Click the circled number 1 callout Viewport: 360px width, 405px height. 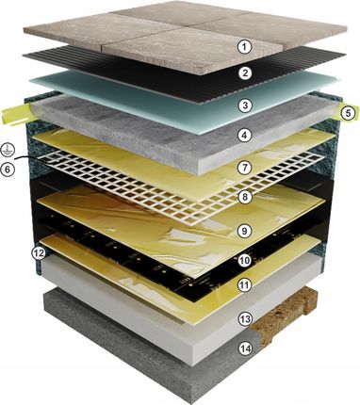(x=245, y=47)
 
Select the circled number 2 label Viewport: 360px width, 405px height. (x=245, y=73)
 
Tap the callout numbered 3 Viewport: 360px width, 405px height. (x=245, y=105)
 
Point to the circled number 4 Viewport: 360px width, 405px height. (x=245, y=136)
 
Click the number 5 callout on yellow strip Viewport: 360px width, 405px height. (x=348, y=113)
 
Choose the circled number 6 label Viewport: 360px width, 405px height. (x=8, y=170)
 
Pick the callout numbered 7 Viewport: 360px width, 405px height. (x=245, y=168)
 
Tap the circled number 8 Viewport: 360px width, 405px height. (x=245, y=197)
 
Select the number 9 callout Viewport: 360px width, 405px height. (x=245, y=231)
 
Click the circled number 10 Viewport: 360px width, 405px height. (x=245, y=260)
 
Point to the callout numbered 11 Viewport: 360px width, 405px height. (x=245, y=285)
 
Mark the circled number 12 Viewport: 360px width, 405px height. (x=39, y=253)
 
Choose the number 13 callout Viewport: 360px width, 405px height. (x=245, y=319)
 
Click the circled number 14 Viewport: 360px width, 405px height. (x=245, y=348)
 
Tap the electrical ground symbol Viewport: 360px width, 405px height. (x=6, y=149)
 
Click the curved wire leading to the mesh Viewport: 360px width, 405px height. (x=31, y=158)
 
